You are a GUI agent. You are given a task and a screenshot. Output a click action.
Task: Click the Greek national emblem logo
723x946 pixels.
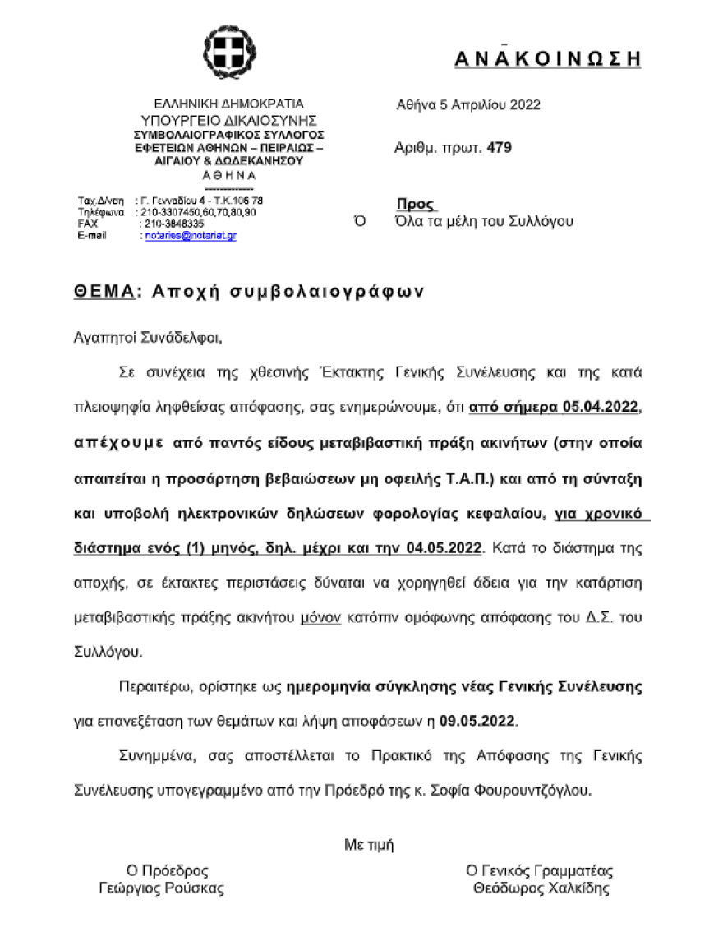point(228,53)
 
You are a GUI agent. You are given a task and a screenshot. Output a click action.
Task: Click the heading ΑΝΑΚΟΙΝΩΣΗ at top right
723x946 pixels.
point(547,58)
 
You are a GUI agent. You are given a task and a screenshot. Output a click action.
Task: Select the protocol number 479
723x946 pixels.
point(500,148)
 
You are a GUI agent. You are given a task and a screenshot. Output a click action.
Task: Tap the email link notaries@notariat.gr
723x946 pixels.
point(191,236)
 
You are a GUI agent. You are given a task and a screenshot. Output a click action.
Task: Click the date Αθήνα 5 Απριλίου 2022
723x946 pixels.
point(468,104)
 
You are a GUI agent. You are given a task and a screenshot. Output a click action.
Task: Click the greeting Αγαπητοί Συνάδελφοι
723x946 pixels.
point(148,336)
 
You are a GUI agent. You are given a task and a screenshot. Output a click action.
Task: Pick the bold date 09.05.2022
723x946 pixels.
point(477,721)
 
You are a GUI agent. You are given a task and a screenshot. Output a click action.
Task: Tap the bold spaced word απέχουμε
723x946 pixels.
point(119,441)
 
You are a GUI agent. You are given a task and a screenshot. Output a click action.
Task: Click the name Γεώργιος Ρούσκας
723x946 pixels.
point(161,888)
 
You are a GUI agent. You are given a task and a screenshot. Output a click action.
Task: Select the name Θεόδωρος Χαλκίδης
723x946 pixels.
point(541,888)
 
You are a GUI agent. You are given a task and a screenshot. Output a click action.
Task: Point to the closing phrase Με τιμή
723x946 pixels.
point(369,843)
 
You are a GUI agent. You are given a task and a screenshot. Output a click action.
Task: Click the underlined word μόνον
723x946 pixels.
point(320,617)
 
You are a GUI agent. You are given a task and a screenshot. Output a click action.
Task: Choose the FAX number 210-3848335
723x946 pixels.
point(173,224)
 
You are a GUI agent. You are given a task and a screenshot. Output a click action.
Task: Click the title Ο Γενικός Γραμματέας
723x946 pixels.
point(539,871)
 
